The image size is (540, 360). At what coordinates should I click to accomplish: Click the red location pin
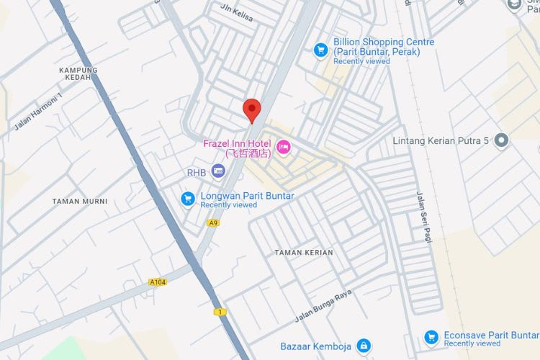tap(251, 110)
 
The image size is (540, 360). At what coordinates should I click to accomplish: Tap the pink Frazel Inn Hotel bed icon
tap(284, 148)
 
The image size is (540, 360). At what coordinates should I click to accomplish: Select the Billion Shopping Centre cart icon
tap(321, 50)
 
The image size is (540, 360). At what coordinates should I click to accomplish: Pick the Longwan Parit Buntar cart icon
tap(188, 198)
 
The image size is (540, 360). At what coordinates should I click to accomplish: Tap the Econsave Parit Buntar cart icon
tap(431, 336)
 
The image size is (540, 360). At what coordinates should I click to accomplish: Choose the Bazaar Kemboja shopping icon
tap(364, 346)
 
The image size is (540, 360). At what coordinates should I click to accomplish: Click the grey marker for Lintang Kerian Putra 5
tap(502, 140)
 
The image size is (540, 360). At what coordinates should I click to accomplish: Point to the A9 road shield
tap(213, 223)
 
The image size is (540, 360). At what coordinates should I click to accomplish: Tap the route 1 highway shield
tap(218, 312)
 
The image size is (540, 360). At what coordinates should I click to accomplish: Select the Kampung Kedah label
tap(78, 74)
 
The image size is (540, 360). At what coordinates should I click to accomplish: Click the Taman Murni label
tap(80, 201)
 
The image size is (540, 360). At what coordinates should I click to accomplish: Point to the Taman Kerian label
tap(304, 253)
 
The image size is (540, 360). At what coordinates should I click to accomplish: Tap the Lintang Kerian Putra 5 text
tap(441, 140)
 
